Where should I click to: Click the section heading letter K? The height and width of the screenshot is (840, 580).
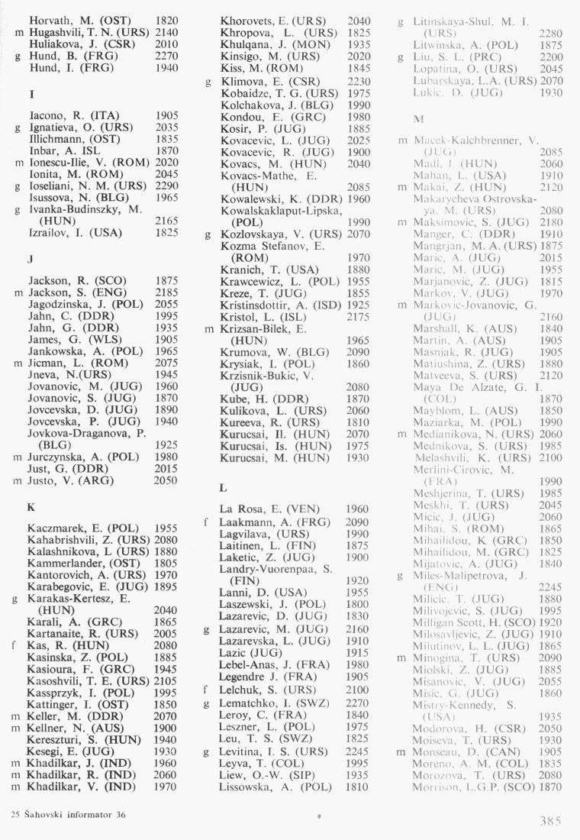(x=31, y=506)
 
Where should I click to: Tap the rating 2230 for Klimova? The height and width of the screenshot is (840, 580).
(x=360, y=81)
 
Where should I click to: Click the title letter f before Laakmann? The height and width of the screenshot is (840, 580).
(x=207, y=522)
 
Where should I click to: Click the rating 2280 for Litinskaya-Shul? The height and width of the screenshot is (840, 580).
(x=551, y=33)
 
